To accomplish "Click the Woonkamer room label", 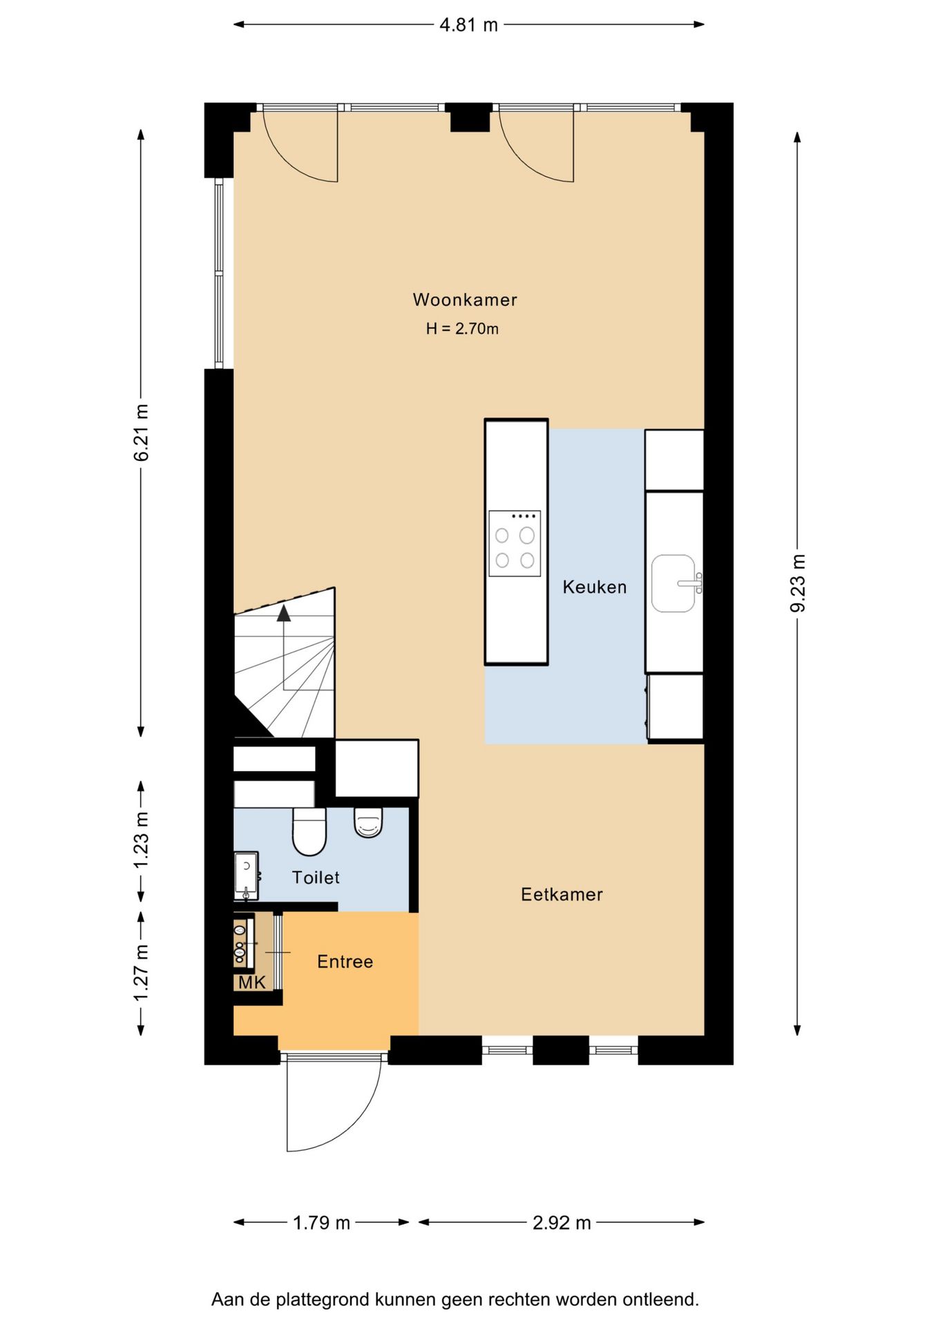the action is point(465,300).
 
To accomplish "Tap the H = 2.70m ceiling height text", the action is point(462,329).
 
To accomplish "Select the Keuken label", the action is point(595,587).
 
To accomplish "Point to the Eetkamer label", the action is point(562,894).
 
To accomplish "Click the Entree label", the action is point(345,961).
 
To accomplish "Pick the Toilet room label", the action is point(316,878).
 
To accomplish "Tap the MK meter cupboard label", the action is point(252,982).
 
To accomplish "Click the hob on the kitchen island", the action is point(515,543).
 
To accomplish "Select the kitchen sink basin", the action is point(673,583).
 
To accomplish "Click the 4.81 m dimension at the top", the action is point(469,26).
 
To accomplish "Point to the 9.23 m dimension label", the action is point(798,583).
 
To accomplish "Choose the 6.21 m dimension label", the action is point(142,433).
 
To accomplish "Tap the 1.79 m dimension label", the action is point(321,1223).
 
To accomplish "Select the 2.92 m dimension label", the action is point(562,1223).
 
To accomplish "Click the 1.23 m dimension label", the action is point(142,840).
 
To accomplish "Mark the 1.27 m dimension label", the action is point(142,972).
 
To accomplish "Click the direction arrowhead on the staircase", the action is point(284,612).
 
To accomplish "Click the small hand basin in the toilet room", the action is point(247,876).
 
